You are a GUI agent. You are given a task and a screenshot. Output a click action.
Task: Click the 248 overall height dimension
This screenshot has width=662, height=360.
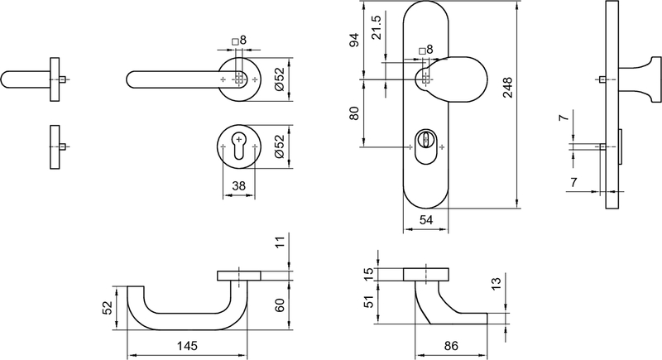pyautogui.click(x=507, y=88)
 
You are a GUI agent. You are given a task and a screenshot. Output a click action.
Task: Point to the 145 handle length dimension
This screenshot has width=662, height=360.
pyautogui.click(x=187, y=346)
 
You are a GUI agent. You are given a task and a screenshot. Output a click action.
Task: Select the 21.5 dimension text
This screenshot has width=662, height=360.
pyautogui.click(x=376, y=27)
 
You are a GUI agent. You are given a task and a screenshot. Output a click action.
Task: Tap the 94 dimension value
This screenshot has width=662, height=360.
pyautogui.click(x=354, y=40)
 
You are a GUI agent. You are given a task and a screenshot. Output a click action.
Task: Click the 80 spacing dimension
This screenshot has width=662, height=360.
pyautogui.click(x=354, y=113)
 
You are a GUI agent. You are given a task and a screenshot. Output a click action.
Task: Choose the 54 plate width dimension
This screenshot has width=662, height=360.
pyautogui.click(x=425, y=220)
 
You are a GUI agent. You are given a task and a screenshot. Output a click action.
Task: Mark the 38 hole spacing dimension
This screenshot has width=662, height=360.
pyautogui.click(x=238, y=185)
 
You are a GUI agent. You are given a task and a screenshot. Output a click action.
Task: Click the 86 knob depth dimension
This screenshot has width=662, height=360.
pyautogui.click(x=451, y=346)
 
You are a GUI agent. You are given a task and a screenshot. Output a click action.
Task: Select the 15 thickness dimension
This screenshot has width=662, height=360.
pyautogui.click(x=369, y=274)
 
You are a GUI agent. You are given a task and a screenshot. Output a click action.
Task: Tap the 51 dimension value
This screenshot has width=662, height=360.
pyautogui.click(x=369, y=302)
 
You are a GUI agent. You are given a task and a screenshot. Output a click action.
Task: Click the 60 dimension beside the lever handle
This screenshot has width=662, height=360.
pyautogui.click(x=280, y=305)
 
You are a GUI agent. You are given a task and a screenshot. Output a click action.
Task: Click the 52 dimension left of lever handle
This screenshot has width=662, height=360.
pyautogui.click(x=108, y=307)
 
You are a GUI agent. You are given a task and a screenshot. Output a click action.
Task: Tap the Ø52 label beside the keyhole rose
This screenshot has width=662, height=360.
pyautogui.click(x=280, y=146)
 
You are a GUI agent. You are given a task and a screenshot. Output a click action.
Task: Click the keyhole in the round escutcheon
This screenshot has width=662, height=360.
pyautogui.click(x=239, y=146)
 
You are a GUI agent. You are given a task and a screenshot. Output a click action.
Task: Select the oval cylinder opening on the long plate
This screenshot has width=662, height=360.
pyautogui.click(x=425, y=146)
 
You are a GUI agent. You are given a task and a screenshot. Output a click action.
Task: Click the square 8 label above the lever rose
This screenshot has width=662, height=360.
pyautogui.click(x=239, y=41)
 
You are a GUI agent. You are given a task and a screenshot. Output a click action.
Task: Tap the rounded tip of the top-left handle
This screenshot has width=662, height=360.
pyautogui.click(x=3, y=79)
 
